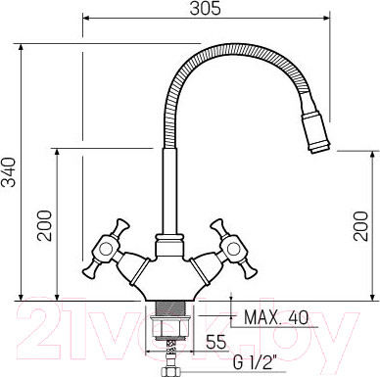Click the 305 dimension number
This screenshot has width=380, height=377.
(x=203, y=9)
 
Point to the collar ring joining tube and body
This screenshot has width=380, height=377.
(x=166, y=239)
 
